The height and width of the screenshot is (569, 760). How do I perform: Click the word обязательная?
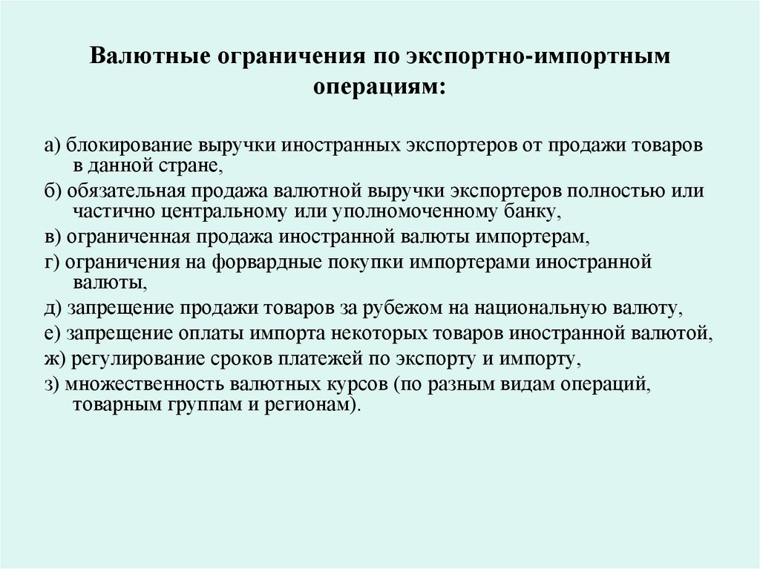pos(122,190)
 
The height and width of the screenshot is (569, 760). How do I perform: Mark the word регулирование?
pos(133,360)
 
